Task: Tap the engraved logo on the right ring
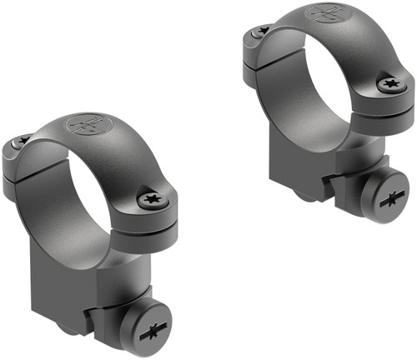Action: coord(325,13)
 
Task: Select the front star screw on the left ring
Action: coord(152,199)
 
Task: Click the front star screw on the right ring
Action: coord(390,84)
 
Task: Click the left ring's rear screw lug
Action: coord(20,158)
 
